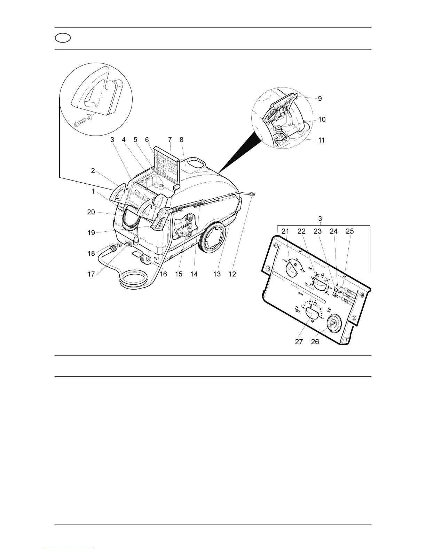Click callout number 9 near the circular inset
(319, 99)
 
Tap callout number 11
(322, 140)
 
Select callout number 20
(91, 212)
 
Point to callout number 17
(91, 274)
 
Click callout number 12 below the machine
(232, 274)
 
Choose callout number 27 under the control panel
(299, 342)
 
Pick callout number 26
(315, 342)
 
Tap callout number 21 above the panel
(285, 231)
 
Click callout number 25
(350, 231)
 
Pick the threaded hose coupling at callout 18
(113, 249)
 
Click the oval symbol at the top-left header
(63, 38)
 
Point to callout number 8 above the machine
(181, 140)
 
